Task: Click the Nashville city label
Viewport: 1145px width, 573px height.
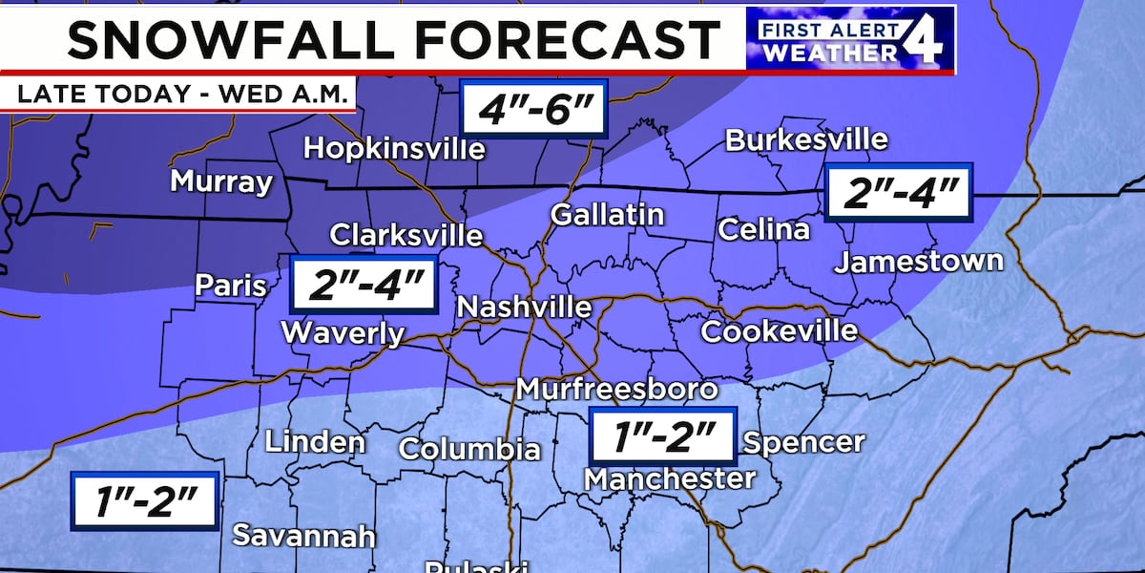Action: tap(524, 308)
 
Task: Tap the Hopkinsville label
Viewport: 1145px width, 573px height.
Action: tap(394, 149)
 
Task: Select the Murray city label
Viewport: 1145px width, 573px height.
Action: tap(221, 181)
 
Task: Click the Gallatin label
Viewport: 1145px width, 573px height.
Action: tap(607, 215)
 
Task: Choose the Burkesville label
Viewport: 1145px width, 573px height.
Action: tap(806, 139)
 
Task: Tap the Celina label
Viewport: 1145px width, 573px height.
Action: tap(763, 229)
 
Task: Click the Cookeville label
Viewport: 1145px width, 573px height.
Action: tap(780, 331)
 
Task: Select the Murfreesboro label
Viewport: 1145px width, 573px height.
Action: tap(616, 389)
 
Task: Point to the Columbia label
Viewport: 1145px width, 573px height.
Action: tap(468, 449)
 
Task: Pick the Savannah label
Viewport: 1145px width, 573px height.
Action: tap(304, 536)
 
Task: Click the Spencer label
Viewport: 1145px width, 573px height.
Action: tap(803, 442)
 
